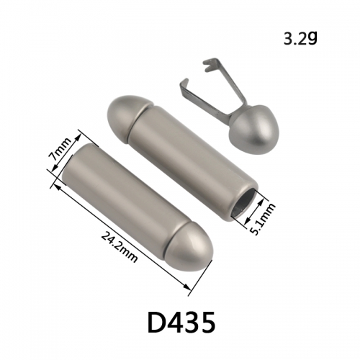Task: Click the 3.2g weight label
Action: (x=300, y=39)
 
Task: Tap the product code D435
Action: (x=181, y=323)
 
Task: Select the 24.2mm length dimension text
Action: (x=120, y=247)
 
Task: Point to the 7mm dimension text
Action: (x=60, y=149)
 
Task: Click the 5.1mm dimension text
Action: (x=262, y=218)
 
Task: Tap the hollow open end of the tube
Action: (x=244, y=203)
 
